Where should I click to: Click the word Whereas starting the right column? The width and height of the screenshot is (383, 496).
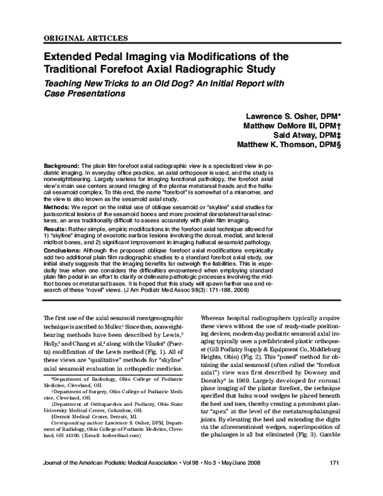pos(214,317)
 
